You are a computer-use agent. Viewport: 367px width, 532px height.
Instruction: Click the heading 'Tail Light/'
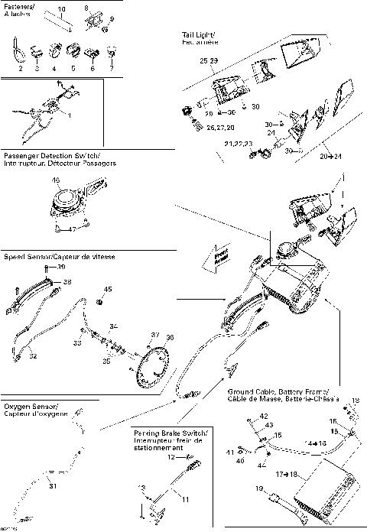pyautogui.click(x=197, y=35)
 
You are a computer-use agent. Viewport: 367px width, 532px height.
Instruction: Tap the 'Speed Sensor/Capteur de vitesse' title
pyautogui.click(x=59, y=257)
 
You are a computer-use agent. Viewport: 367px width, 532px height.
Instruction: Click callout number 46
pyautogui.click(x=77, y=180)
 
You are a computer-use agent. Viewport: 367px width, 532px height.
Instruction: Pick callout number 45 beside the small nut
pyautogui.click(x=108, y=289)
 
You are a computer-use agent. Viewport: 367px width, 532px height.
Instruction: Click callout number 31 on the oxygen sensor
pyautogui.click(x=53, y=486)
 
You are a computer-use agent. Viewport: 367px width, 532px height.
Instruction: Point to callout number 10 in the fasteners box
pyautogui.click(x=62, y=8)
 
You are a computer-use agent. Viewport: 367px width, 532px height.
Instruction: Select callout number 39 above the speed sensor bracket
pyautogui.click(x=62, y=268)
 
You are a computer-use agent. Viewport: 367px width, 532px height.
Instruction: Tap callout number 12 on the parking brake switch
pyautogui.click(x=172, y=457)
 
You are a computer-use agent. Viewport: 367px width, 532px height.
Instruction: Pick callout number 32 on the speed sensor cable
pyautogui.click(x=32, y=355)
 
